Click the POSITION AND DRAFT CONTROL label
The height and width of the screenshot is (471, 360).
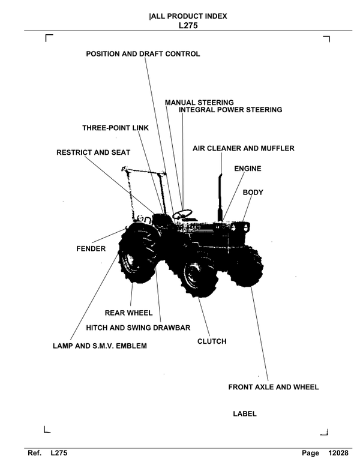(x=143, y=54)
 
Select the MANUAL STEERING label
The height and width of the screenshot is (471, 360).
(x=199, y=103)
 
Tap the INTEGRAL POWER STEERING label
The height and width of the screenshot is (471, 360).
(x=230, y=110)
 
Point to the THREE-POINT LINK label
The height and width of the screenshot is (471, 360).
(x=115, y=128)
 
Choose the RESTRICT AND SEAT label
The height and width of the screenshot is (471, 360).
(x=93, y=153)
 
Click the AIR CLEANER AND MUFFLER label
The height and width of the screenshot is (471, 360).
(x=244, y=148)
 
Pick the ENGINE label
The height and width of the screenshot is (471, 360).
(x=247, y=169)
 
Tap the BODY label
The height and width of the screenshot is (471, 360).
(x=253, y=193)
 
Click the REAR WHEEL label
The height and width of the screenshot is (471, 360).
(x=128, y=313)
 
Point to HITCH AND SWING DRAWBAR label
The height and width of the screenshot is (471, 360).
(x=138, y=328)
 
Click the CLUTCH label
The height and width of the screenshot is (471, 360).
(x=212, y=342)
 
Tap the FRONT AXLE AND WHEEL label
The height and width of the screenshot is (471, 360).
(x=273, y=388)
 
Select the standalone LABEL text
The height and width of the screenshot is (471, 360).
(x=244, y=414)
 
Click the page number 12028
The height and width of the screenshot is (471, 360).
(x=338, y=454)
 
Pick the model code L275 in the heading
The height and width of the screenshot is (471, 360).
(x=188, y=26)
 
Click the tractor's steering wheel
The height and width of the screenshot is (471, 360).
(x=182, y=214)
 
